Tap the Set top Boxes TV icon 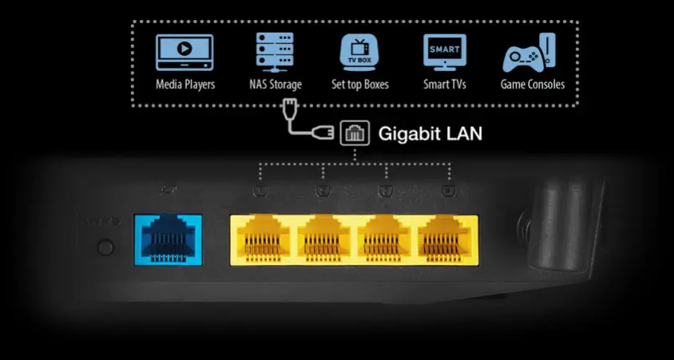tap(359, 52)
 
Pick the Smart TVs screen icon tap(445, 52)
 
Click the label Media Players tap(184, 84)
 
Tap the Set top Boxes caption tap(360, 84)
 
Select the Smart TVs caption tap(445, 84)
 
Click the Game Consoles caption tap(533, 84)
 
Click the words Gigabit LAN tap(430, 134)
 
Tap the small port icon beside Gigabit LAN tap(354, 134)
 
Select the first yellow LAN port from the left tap(262, 239)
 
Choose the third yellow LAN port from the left tap(387, 239)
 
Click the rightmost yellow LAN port tap(448, 239)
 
